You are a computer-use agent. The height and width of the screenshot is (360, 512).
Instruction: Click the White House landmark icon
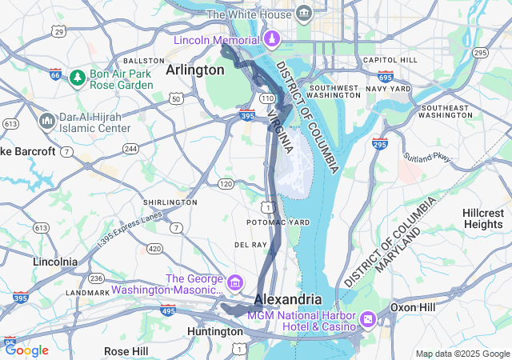pyautogui.click(x=304, y=14)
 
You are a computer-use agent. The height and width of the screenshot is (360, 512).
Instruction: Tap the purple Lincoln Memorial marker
pyautogui.click(x=272, y=39)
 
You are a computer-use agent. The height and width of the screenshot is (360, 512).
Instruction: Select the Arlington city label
pyautogui.click(x=194, y=70)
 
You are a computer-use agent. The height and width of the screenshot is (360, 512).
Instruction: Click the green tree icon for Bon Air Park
pyautogui.click(x=77, y=78)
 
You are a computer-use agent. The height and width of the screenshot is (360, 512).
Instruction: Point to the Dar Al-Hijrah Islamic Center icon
pyautogui.click(x=46, y=121)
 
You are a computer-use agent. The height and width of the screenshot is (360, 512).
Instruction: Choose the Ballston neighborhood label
pyautogui.click(x=144, y=61)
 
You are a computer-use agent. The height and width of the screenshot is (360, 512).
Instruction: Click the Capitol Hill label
pyautogui.click(x=390, y=60)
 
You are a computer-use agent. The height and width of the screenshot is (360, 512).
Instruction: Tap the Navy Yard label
pyautogui.click(x=389, y=87)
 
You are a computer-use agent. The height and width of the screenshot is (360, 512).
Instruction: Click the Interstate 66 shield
pyautogui.click(x=55, y=74)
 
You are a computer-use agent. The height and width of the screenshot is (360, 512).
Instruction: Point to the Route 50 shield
pyautogui.click(x=176, y=98)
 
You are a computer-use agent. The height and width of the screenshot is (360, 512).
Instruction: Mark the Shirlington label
pyautogui.click(x=170, y=202)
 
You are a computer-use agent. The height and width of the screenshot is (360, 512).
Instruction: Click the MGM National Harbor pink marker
pyautogui.click(x=368, y=319)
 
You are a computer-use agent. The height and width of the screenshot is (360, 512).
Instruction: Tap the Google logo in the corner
pyautogui.click(x=26, y=350)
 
